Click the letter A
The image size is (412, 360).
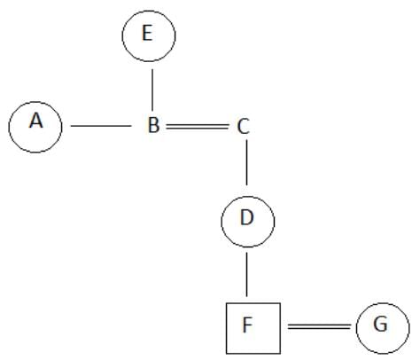pyautogui.click(x=36, y=121)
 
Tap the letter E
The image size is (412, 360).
pyautogui.click(x=147, y=33)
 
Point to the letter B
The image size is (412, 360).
pyautogui.click(x=153, y=125)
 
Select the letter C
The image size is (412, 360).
pyautogui.click(x=243, y=127)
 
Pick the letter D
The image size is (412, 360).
pyautogui.click(x=247, y=217)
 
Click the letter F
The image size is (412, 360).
pyautogui.click(x=247, y=325)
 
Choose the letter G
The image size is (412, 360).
pyautogui.click(x=380, y=324)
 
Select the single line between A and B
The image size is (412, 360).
pyautogui.click(x=101, y=126)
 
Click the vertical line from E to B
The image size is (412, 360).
pyautogui.click(x=152, y=90)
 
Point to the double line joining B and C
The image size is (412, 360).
pyautogui.click(x=198, y=127)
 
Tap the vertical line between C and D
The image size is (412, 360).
pyautogui.click(x=247, y=162)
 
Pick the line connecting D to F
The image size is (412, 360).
pyautogui.click(x=247, y=274)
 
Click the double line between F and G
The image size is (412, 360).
pyautogui.click(x=320, y=326)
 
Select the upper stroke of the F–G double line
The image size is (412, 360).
pyautogui.click(x=320, y=325)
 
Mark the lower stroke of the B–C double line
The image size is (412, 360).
pyautogui.click(x=198, y=129)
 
